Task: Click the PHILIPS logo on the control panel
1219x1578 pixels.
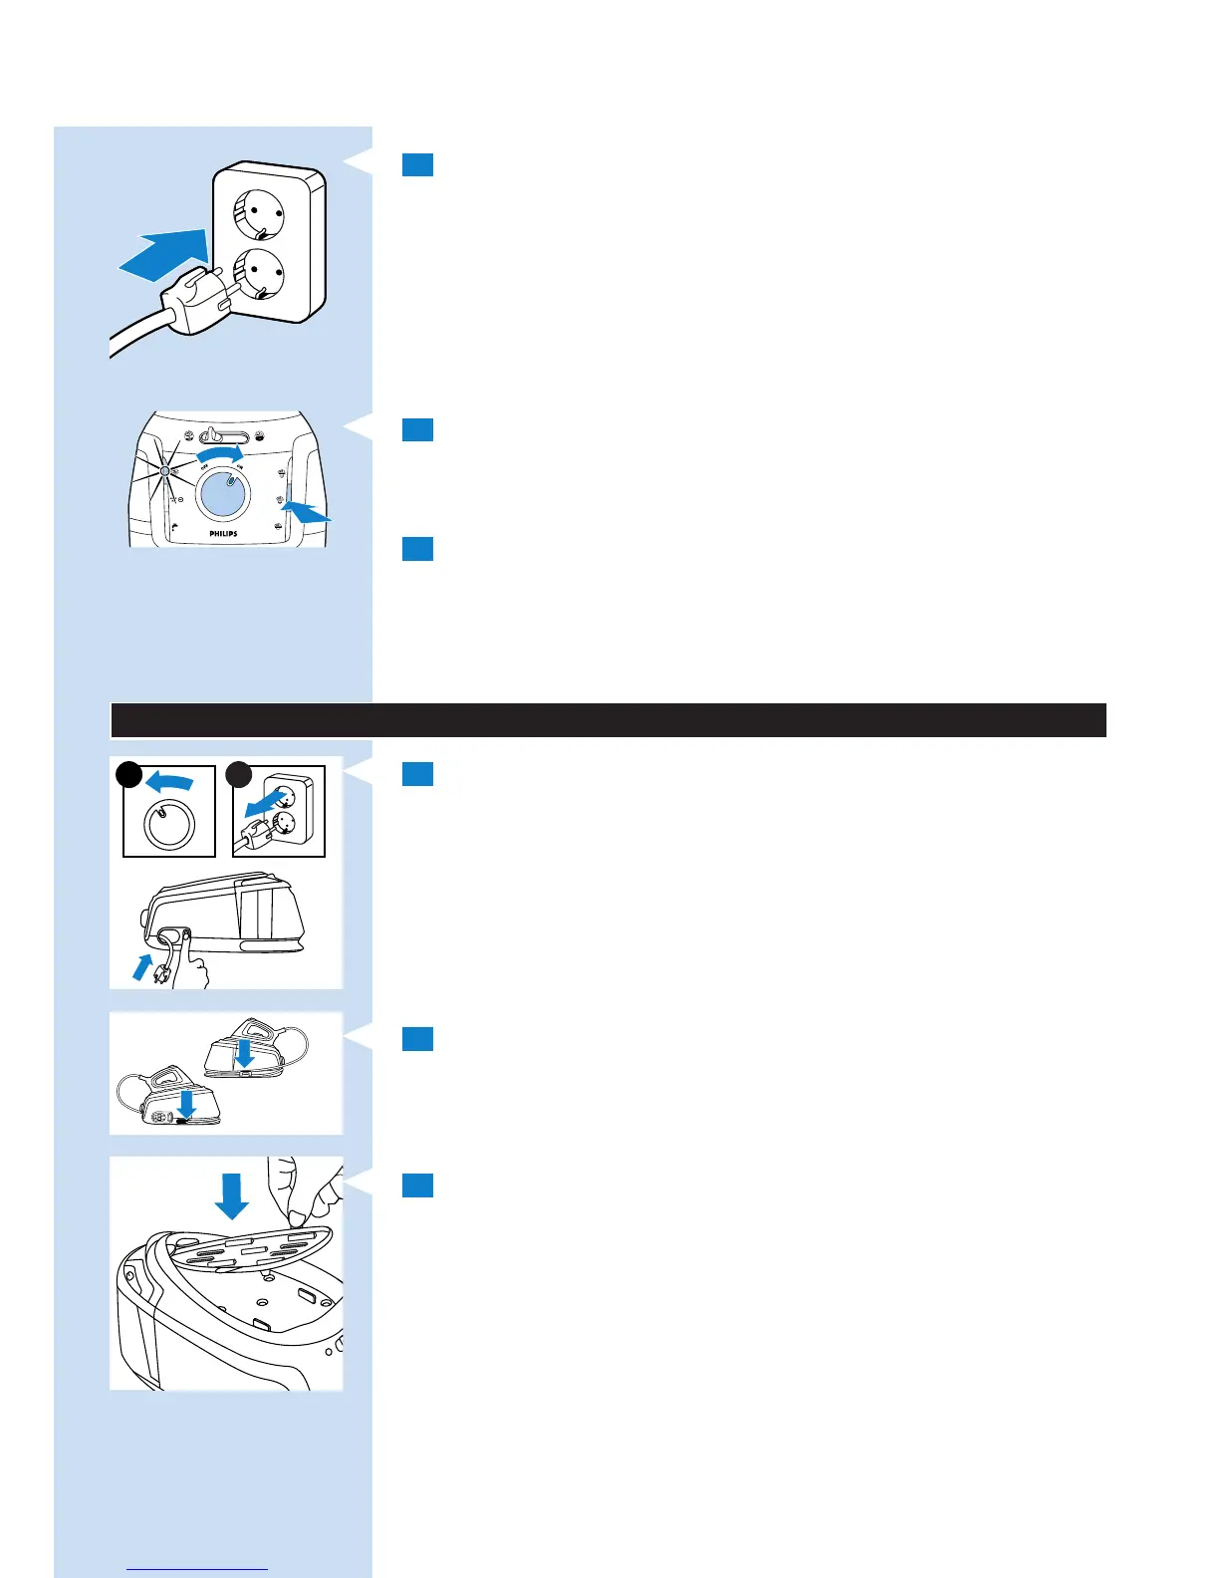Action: click(x=223, y=534)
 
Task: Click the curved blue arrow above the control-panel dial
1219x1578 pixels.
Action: click(x=219, y=455)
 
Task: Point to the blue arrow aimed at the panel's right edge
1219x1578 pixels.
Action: click(x=307, y=512)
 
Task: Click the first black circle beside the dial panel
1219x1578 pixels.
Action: click(x=128, y=776)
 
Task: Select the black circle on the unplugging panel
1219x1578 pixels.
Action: click(x=238, y=776)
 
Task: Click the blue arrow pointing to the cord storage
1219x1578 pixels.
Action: click(x=144, y=965)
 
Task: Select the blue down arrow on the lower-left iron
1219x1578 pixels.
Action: click(x=185, y=1104)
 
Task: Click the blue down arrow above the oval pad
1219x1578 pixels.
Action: click(x=232, y=1193)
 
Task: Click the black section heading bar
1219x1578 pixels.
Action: click(x=609, y=720)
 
